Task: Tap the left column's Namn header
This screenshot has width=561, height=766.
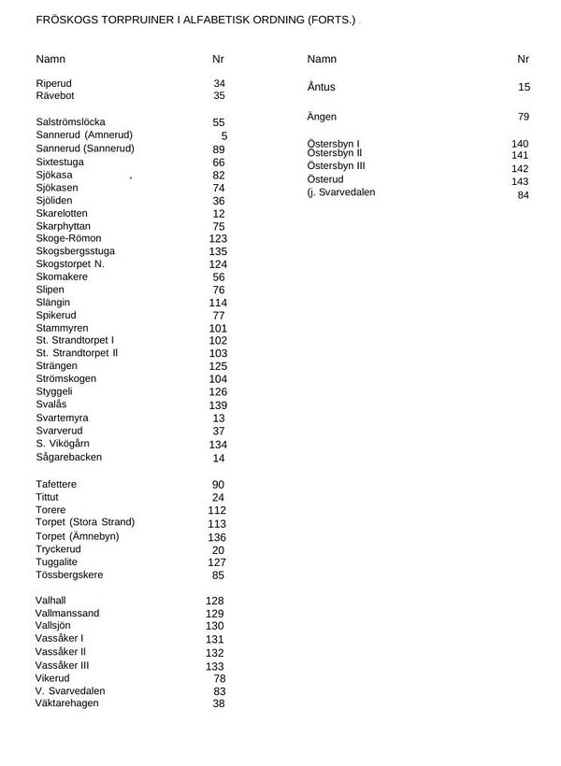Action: coord(50,59)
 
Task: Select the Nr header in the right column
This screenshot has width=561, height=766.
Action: coord(524,59)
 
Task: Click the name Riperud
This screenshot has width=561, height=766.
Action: coord(53,83)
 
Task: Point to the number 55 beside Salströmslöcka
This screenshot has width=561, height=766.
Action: coord(219,122)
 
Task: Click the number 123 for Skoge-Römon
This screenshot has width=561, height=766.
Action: coord(218,238)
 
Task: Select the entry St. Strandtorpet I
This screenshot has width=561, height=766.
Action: coord(75,341)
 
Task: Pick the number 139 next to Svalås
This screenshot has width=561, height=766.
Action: coord(218,405)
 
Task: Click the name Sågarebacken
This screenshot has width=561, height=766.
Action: coord(69,458)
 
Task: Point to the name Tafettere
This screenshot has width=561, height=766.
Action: coord(56,484)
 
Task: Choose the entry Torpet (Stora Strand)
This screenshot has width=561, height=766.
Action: coord(85,522)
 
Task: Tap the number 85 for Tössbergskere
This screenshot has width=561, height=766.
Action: coord(219,575)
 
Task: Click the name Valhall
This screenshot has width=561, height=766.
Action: coord(51,601)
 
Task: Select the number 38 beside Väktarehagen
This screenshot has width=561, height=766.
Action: coord(219,703)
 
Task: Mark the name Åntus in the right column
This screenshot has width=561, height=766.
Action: coord(321,87)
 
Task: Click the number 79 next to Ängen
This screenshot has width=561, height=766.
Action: coord(524,117)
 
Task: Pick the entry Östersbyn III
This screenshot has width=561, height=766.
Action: coord(336,165)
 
